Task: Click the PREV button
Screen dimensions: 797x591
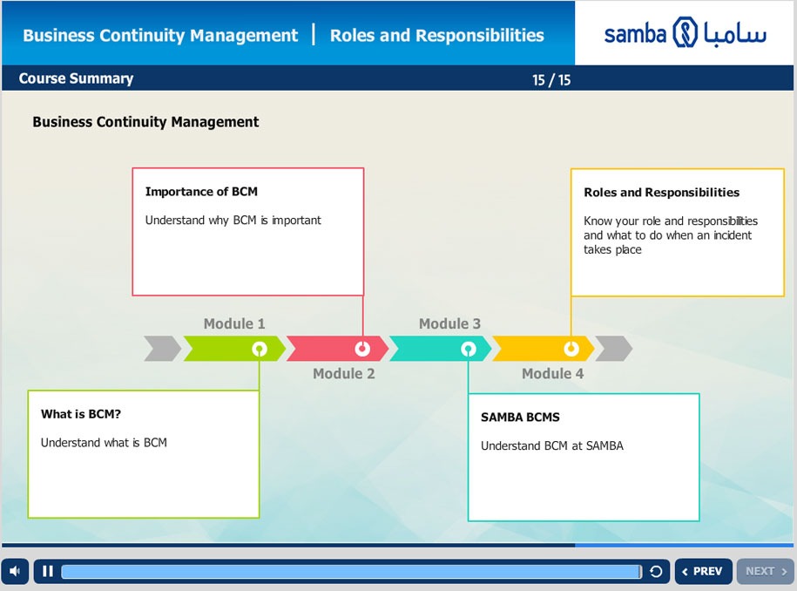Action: pyautogui.click(x=704, y=571)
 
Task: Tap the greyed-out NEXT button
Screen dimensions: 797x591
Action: pyautogui.click(x=765, y=571)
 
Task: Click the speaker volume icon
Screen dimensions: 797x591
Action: pyautogui.click(x=15, y=571)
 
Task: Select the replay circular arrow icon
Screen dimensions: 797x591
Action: pyautogui.click(x=656, y=572)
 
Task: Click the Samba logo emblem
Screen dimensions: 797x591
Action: pyautogui.click(x=686, y=32)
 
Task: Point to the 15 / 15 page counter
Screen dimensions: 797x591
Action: pyautogui.click(x=551, y=80)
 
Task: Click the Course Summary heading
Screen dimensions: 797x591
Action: pyautogui.click(x=77, y=78)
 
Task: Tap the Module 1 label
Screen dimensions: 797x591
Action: pyautogui.click(x=234, y=323)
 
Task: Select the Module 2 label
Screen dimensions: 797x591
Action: pyautogui.click(x=343, y=373)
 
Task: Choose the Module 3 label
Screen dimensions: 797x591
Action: pyautogui.click(x=449, y=323)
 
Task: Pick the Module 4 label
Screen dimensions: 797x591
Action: pyautogui.click(x=553, y=373)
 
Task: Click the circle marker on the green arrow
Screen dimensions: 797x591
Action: pyautogui.click(x=260, y=349)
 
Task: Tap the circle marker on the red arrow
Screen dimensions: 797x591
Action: pyautogui.click(x=362, y=349)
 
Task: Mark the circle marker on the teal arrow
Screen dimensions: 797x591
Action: pyautogui.click(x=468, y=349)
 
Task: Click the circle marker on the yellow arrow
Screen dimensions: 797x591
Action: pyautogui.click(x=571, y=349)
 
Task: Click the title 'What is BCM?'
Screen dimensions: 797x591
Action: pyautogui.click(x=81, y=414)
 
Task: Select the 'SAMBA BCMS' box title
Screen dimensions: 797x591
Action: pyautogui.click(x=520, y=417)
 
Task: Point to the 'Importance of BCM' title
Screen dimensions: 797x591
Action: pyautogui.click(x=201, y=192)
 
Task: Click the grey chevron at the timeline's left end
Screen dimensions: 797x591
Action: pyautogui.click(x=162, y=349)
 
